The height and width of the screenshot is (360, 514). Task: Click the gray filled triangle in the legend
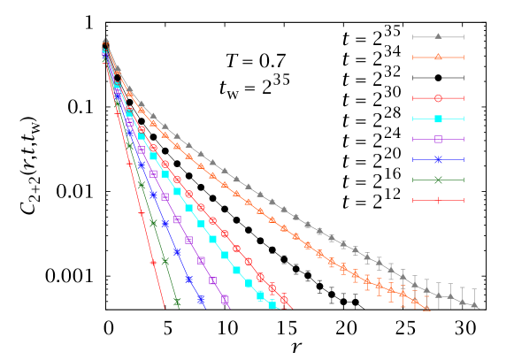tap(438, 36)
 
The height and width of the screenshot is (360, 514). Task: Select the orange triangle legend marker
tap(438, 57)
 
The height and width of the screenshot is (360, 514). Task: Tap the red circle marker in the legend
tap(438, 98)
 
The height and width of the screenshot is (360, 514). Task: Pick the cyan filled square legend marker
tap(438, 119)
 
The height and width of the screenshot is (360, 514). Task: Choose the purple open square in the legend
tap(438, 139)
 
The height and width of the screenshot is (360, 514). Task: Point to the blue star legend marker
tap(438, 159)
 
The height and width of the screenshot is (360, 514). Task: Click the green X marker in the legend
tap(438, 180)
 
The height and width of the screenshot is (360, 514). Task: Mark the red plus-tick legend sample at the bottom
tap(438, 200)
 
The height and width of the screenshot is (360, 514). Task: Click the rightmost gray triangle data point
tap(475, 305)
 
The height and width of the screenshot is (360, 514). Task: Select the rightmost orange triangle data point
tap(427, 306)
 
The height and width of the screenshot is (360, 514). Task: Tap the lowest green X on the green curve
tap(177, 303)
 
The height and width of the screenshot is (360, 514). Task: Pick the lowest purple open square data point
tap(225, 300)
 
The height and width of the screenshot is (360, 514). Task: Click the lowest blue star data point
tap(201, 300)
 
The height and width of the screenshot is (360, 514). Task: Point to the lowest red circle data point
tap(284, 301)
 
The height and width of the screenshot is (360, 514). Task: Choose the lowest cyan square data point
tap(272, 305)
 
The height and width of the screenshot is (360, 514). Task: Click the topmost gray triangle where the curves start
tap(105, 41)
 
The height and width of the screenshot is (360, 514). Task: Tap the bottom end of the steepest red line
tap(165, 307)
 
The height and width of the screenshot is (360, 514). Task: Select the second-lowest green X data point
tap(165, 261)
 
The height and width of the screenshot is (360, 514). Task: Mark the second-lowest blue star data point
tap(188, 280)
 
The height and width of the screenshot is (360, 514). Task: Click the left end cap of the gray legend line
tap(413, 36)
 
